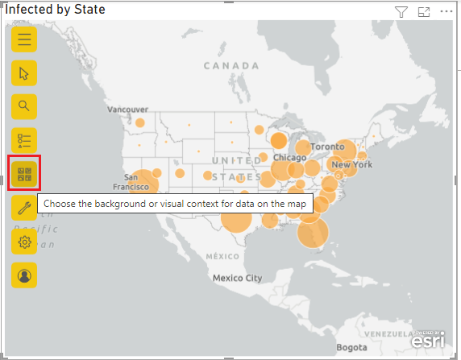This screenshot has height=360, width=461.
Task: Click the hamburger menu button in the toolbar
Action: [24, 39]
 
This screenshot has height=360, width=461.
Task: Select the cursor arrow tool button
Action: [24, 72]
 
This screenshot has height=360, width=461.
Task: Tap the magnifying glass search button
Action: [24, 106]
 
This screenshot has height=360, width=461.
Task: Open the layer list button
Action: [24, 140]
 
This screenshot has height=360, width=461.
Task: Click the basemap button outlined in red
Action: [24, 173]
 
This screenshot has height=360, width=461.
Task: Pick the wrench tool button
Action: [24, 208]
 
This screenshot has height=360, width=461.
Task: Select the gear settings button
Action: [24, 242]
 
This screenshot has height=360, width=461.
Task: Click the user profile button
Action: [24, 275]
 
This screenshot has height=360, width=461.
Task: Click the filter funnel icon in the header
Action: [401, 11]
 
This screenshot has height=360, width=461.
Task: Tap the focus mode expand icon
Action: [424, 11]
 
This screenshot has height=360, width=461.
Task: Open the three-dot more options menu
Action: [446, 11]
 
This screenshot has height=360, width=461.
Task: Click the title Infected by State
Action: [56, 10]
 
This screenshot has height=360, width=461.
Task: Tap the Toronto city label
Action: [327, 147]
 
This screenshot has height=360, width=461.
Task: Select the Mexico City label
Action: [237, 278]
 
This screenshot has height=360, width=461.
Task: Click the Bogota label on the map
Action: [351, 349]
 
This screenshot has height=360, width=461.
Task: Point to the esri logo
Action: [427, 340]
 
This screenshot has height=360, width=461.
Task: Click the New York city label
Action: [352, 164]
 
